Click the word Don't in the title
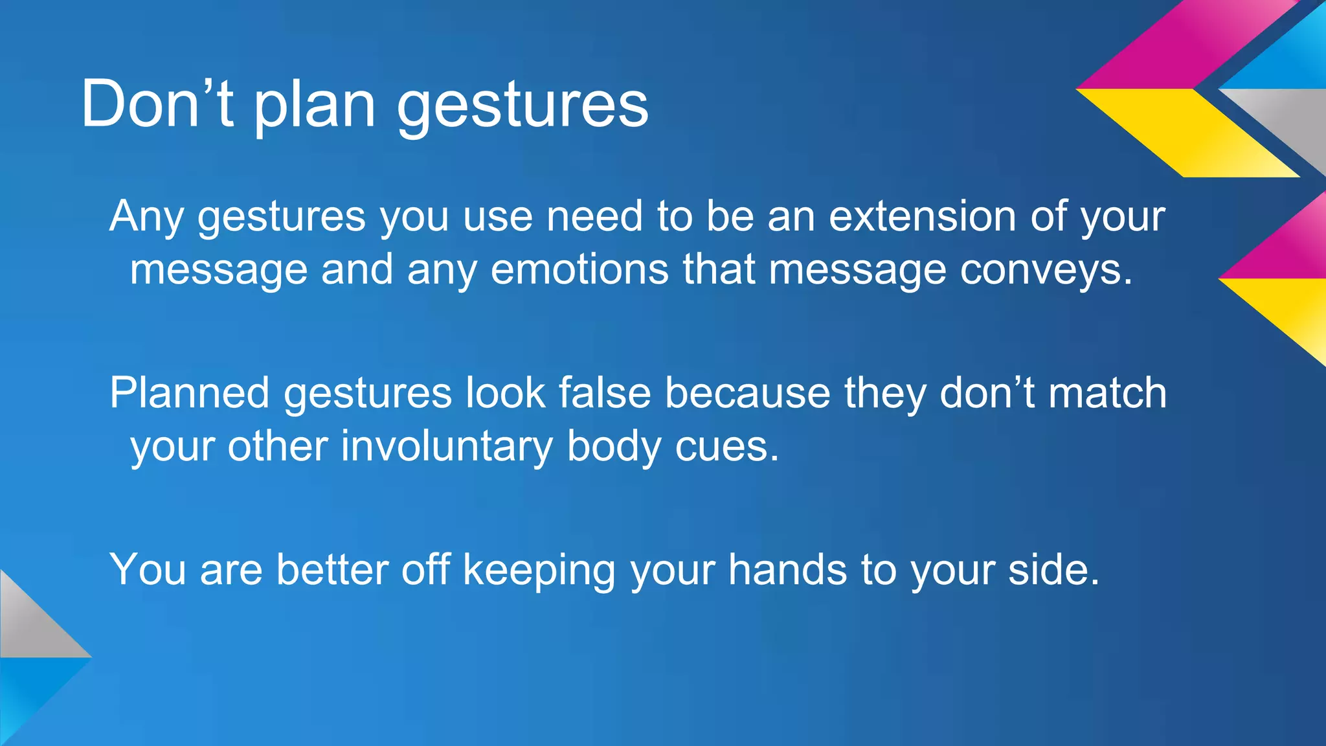pos(157,104)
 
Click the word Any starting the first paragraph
pos(146,217)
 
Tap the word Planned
pos(189,392)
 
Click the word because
pos(747,392)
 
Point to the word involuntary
pos(446,447)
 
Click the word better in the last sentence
pos(331,569)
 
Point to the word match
pos(1107,392)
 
